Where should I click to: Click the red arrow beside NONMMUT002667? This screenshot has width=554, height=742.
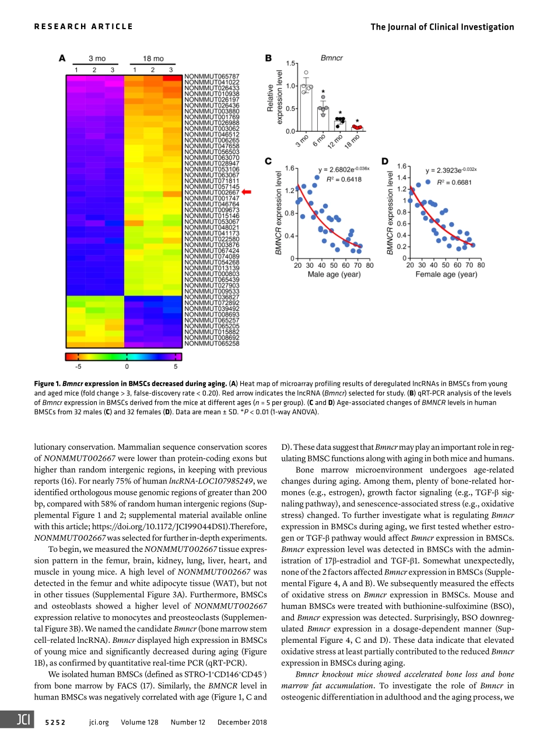coord(246,191)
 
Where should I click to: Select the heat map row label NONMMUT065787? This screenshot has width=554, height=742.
coord(212,76)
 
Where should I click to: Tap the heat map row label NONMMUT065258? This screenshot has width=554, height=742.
coord(212,344)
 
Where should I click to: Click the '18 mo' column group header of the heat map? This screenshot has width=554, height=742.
coord(153,59)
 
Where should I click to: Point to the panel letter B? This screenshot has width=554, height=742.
coord(268,58)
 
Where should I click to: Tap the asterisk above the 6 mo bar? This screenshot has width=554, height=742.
coord(323,92)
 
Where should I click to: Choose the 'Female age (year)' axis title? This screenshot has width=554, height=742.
coord(446,274)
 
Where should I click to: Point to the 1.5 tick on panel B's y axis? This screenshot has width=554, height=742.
coord(289,62)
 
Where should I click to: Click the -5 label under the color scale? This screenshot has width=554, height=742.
coord(78,367)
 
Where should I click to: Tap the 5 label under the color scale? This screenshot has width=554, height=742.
coord(176,367)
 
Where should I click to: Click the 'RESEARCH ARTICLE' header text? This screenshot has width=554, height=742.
coord(83,26)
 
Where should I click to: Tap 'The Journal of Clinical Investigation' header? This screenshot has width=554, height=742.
coord(442,27)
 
